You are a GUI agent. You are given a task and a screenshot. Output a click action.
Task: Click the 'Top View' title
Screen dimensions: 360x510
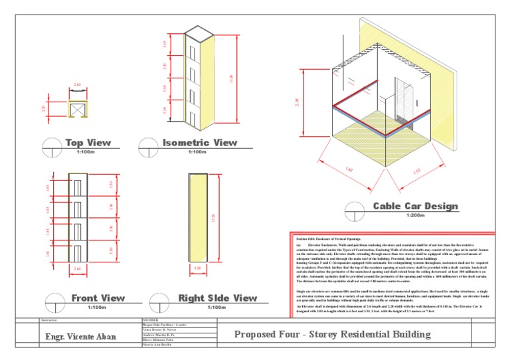point(88,143)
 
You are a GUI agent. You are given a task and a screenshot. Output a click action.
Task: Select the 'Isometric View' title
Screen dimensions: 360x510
point(199,143)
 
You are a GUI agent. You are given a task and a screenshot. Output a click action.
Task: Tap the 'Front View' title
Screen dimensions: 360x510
point(98,298)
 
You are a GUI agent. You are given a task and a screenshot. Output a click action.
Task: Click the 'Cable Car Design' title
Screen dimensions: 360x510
point(415,207)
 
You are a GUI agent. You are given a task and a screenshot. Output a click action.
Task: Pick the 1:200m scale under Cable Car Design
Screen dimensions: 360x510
point(415,216)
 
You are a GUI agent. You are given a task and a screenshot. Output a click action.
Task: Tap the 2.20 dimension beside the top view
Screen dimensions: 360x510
point(43,108)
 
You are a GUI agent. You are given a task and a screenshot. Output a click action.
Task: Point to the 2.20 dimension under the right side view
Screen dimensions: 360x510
point(197,268)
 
